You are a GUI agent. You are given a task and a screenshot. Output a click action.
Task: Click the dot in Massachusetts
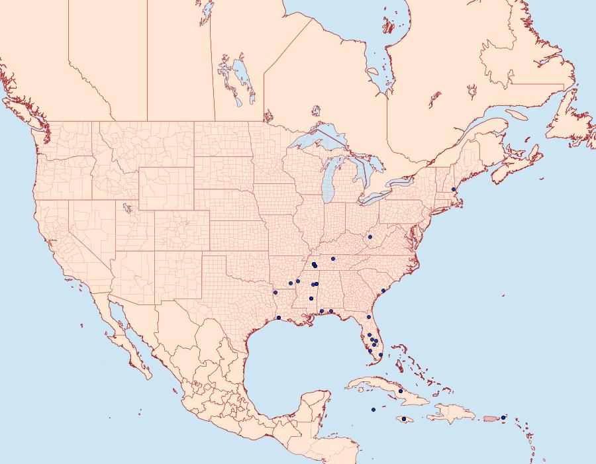pos(453,190)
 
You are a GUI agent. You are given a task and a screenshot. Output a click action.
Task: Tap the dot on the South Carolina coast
pos(383,291)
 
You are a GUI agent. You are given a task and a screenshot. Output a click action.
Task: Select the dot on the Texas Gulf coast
pos(279,318)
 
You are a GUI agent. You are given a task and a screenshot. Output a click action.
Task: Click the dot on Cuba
pos(401,391)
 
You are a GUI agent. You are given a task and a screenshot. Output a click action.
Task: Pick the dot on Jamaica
pos(404,418)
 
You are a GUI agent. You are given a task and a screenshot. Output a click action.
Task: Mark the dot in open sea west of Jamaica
pos(373,410)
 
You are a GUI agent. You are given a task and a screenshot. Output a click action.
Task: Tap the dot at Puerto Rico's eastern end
pos(503,417)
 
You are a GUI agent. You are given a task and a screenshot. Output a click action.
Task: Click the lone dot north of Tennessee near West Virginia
pos(370,236)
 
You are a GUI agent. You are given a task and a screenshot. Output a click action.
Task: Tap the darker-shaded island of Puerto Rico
pos(491,418)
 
